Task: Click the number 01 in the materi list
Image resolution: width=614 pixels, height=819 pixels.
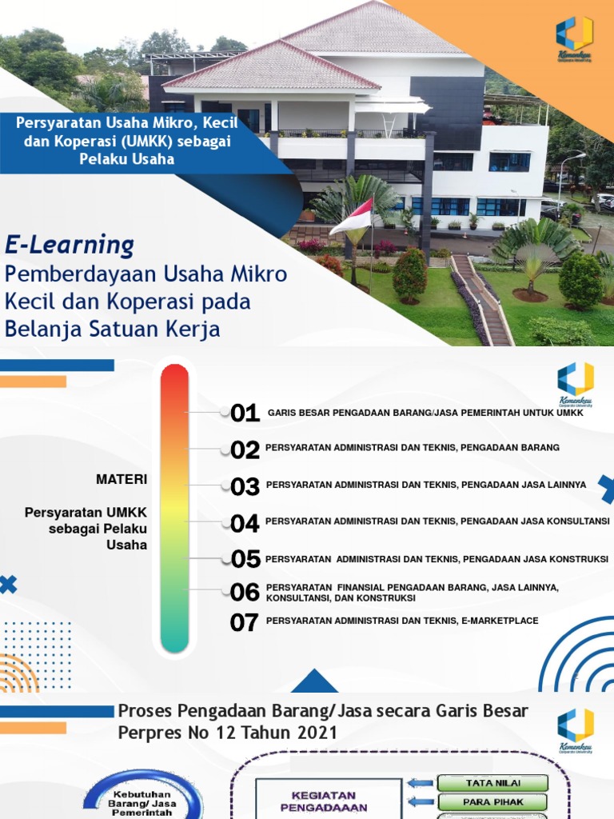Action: pos(245,413)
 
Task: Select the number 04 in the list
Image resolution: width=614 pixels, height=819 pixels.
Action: pos(245,524)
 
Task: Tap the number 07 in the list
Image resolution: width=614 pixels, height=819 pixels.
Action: pos(245,623)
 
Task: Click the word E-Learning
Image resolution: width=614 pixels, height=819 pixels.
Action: pos(70,244)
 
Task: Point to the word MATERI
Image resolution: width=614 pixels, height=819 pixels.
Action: pos(122,479)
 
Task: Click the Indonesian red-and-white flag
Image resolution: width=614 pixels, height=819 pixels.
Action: pos(351,218)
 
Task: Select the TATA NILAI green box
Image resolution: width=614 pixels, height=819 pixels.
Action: pos(492,783)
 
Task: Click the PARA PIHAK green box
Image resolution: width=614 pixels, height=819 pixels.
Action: pos(492,801)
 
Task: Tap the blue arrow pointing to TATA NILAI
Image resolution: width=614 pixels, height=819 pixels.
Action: pos(420,783)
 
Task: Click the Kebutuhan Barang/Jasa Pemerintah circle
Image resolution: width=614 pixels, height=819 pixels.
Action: pos(145,796)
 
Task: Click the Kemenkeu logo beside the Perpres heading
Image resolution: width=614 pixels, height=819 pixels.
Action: pos(575,729)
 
